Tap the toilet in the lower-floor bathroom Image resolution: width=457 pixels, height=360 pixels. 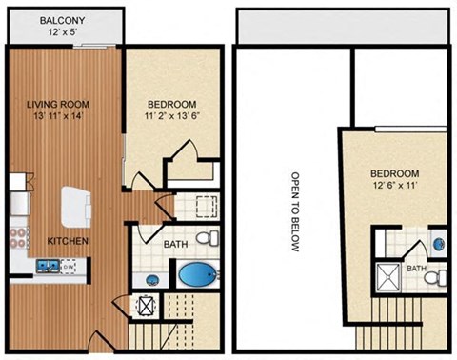tap(204, 238)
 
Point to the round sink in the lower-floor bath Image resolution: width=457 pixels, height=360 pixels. tap(153, 280)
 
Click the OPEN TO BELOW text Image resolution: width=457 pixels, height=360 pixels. tap(295, 212)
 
